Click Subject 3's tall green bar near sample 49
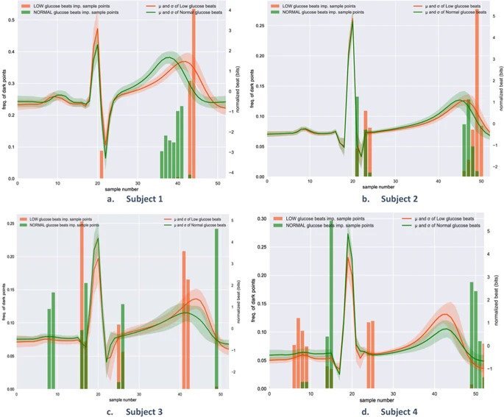(216, 309)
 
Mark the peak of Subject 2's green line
(353, 19)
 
